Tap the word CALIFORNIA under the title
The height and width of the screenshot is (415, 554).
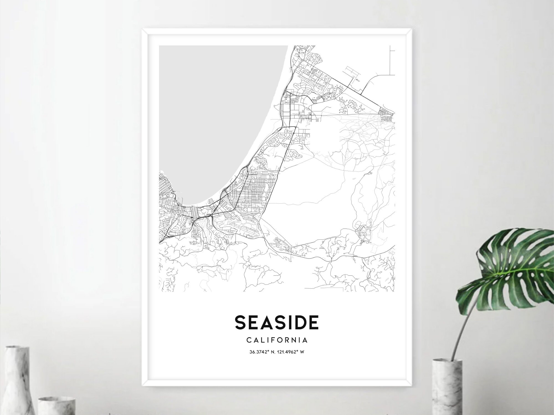[276, 340]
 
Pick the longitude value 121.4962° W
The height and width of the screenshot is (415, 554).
[291, 352]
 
